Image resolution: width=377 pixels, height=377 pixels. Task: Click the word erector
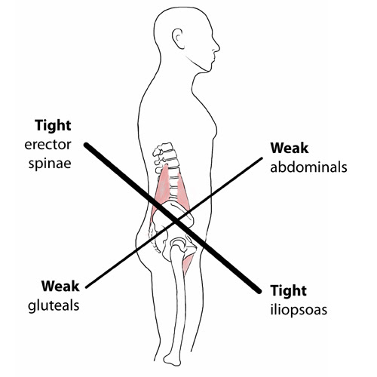click(x=48, y=145)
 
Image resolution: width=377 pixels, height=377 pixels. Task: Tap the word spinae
click(x=50, y=164)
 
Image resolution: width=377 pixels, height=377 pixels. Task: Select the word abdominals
click(x=308, y=167)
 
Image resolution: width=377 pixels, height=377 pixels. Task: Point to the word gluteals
click(x=54, y=306)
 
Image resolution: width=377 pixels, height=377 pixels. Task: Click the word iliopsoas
click(x=299, y=310)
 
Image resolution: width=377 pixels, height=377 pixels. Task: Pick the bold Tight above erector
click(x=53, y=125)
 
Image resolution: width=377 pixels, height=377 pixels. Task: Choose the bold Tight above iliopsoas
click(x=289, y=290)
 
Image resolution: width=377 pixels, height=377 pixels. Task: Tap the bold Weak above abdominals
click(x=290, y=148)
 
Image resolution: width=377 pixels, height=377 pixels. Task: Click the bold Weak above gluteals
click(x=60, y=287)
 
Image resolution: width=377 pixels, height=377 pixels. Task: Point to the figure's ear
click(x=178, y=38)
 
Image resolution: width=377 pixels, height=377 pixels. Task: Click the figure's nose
click(x=217, y=48)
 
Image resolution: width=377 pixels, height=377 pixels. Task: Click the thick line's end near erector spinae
click(x=86, y=145)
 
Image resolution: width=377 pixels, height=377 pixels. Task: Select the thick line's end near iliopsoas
click(x=259, y=292)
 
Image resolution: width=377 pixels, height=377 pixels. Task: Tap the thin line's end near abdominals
click(x=262, y=158)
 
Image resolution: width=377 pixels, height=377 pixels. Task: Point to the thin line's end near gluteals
click(x=86, y=287)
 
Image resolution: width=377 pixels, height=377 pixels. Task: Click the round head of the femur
click(x=178, y=244)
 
